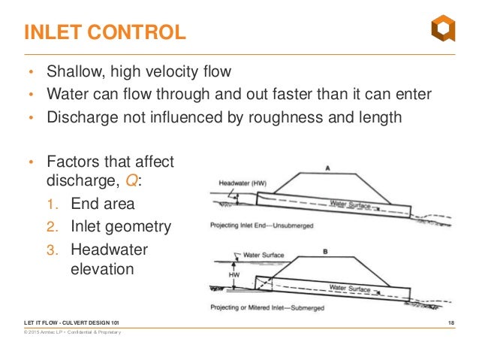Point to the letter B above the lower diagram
(x=324, y=253)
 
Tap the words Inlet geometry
(x=121, y=226)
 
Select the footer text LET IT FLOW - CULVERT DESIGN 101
(x=71, y=322)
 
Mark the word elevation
(x=102, y=268)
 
